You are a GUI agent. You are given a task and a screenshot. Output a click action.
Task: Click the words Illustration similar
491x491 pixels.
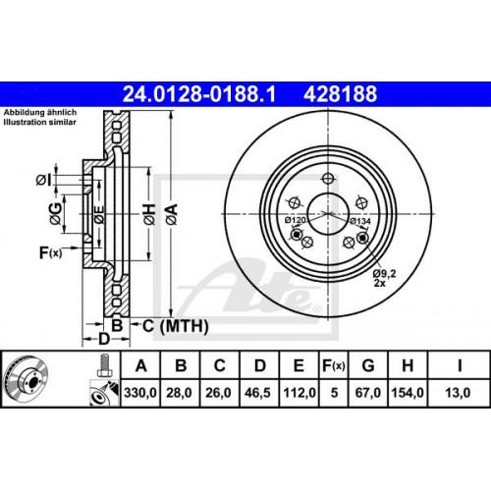click(x=43, y=123)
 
